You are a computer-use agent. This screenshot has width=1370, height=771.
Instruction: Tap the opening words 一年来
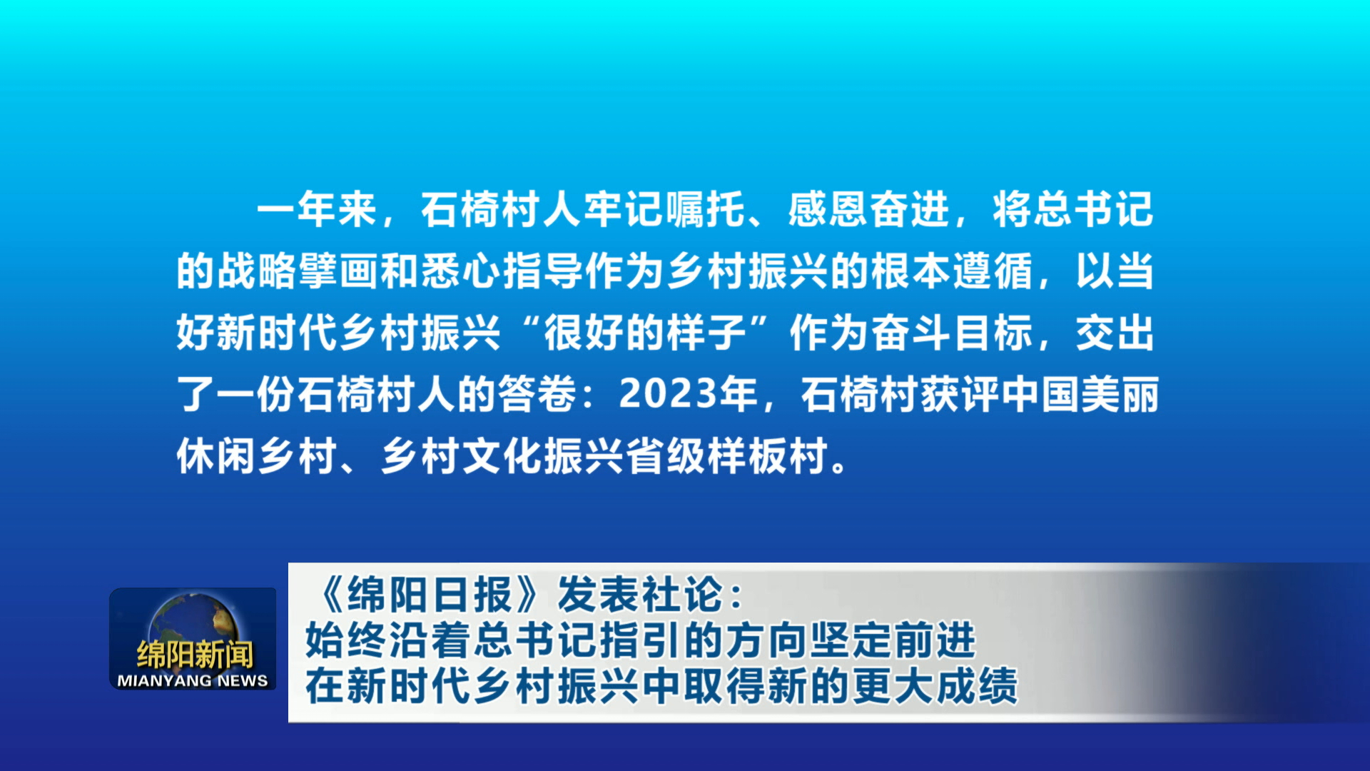[317, 210]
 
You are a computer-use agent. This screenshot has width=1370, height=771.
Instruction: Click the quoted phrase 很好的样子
[645, 333]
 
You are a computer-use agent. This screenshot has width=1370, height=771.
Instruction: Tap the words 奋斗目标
[951, 333]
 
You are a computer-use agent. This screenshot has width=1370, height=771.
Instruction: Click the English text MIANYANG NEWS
[193, 681]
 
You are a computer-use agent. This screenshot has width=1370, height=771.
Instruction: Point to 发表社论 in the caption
[640, 595]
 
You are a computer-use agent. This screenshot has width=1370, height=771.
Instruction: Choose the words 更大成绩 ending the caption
[935, 685]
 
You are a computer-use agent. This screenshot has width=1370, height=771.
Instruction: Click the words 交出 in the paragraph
[1115, 333]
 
